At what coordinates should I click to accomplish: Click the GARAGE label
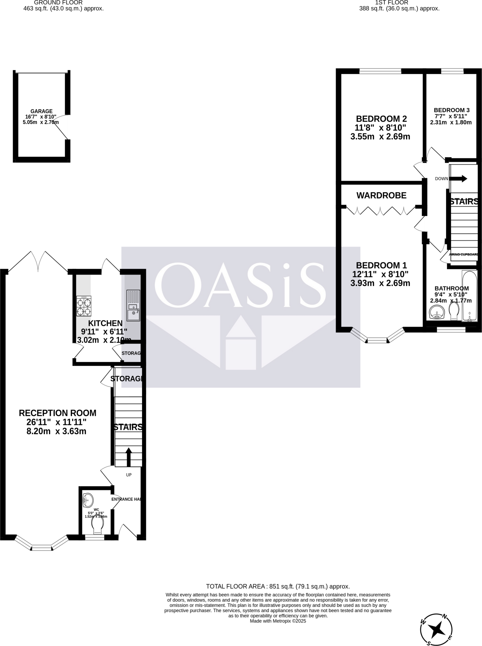click(41, 111)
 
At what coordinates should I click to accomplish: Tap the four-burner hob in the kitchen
click(84, 306)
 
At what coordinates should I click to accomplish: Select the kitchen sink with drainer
click(133, 305)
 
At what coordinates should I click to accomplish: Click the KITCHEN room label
click(105, 323)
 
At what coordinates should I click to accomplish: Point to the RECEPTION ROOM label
click(57, 413)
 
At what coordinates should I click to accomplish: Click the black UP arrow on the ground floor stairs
click(128, 457)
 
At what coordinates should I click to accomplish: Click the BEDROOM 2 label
click(381, 119)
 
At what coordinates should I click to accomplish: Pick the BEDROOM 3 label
click(451, 110)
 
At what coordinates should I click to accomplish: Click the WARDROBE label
click(381, 196)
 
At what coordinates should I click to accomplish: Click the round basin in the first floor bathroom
click(437, 312)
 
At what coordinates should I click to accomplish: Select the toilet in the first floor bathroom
click(454, 311)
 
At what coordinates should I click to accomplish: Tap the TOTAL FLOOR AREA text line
click(278, 586)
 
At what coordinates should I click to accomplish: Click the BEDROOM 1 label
click(381, 265)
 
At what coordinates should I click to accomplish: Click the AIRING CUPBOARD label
click(463, 255)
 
